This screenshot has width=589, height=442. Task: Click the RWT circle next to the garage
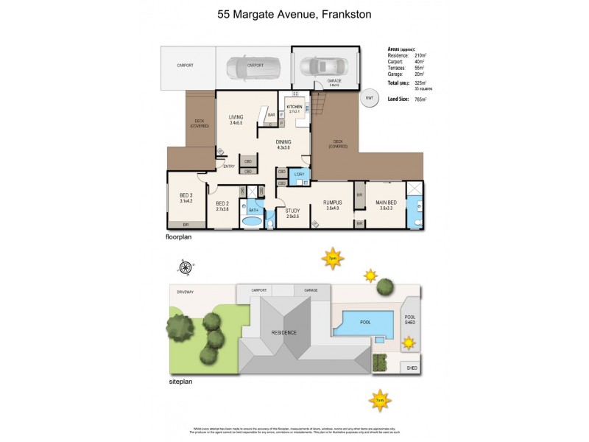pos(370,98)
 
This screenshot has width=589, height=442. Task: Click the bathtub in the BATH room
pos(253,220)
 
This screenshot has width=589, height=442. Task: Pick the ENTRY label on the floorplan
pos(229,166)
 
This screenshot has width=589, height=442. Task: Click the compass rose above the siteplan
pos(187,267)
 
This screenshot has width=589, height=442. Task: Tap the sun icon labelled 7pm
pos(332,259)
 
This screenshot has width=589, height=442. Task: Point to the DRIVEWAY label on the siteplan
pos(184,292)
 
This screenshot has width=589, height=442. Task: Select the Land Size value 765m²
pos(421,99)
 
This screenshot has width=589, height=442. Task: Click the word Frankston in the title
pos(345,14)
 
